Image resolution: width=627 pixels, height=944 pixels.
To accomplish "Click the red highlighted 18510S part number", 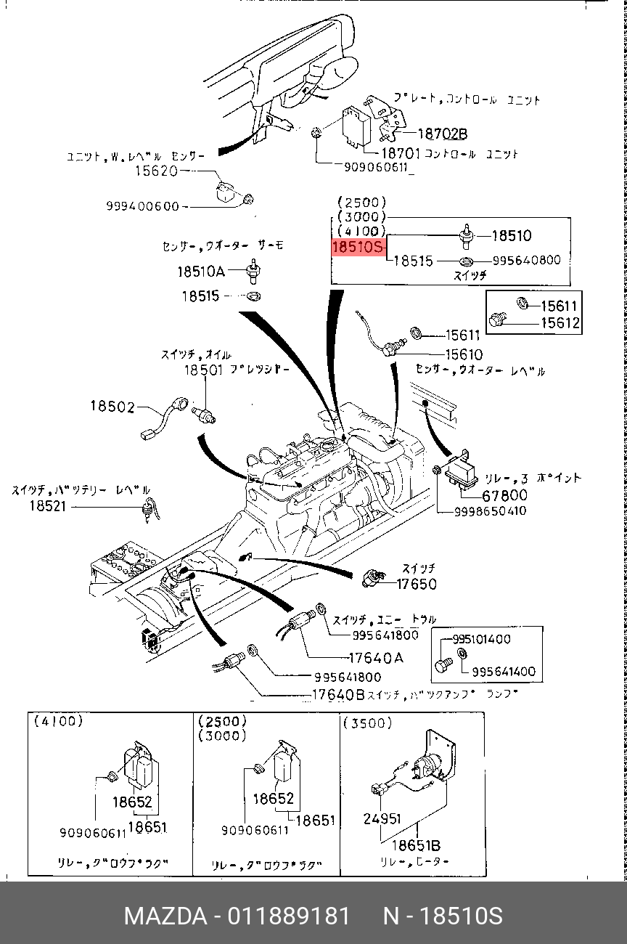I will click(357, 248).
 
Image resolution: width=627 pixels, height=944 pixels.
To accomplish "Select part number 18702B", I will click(443, 134).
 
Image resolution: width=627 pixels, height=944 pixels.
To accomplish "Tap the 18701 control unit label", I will click(401, 153).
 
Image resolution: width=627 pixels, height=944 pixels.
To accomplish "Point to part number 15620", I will click(156, 171).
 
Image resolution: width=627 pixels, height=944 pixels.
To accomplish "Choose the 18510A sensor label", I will click(201, 271).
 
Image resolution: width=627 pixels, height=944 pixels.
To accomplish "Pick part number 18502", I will click(112, 407).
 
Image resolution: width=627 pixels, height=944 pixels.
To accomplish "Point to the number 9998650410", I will click(491, 511).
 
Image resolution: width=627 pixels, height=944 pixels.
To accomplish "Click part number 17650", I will click(417, 583).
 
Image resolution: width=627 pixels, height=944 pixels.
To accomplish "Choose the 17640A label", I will click(376, 658).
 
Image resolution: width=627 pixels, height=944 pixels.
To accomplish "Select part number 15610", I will click(464, 354).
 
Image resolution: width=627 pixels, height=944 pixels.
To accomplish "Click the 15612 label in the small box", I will click(560, 323).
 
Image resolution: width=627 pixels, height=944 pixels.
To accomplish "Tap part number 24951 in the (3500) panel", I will click(382, 818).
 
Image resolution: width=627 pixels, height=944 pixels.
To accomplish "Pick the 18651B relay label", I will click(417, 846).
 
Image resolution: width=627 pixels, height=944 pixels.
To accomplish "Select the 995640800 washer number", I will click(526, 260).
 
